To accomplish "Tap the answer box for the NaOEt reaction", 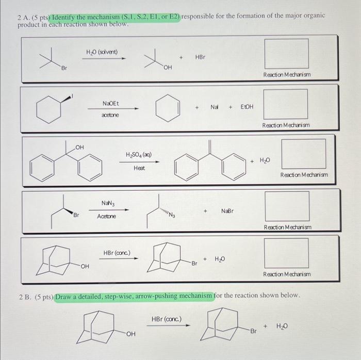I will (x=286, y=103).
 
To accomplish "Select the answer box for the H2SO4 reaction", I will (x=303, y=154).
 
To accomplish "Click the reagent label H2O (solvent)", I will (x=102, y=52).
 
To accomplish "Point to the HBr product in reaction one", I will (x=200, y=57).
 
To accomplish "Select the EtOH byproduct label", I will (x=245, y=107).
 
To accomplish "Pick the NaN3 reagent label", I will (x=107, y=204).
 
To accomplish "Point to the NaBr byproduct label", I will (x=227, y=211).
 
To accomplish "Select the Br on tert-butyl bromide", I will (x=64, y=69).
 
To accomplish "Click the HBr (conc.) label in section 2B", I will (x=165, y=320).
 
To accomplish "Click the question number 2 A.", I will (x=23, y=16).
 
